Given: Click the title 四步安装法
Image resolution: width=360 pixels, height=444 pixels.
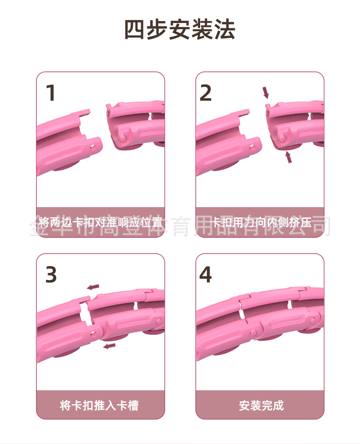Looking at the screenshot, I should click(180, 29).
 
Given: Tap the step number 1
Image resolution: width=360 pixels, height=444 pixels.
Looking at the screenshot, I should click(50, 93).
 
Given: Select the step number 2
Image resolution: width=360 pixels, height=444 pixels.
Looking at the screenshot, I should click(205, 93).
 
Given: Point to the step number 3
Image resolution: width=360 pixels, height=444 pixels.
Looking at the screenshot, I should click(51, 274).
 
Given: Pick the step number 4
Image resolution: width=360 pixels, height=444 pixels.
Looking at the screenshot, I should click(205, 274).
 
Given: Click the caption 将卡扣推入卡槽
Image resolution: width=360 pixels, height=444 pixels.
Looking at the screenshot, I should click(99, 405).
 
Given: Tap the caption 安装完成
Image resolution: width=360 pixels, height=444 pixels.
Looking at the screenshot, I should click(261, 405).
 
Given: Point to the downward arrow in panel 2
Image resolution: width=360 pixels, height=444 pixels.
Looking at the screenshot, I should click(266, 93).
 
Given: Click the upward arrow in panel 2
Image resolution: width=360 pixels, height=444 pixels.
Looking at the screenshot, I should click(288, 157).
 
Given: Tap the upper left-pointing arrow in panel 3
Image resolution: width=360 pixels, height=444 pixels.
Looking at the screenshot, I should click(93, 287).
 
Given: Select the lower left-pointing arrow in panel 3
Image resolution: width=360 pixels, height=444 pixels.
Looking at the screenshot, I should click(109, 345).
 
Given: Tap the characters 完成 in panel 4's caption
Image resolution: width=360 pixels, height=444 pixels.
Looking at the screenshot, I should click(273, 405).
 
